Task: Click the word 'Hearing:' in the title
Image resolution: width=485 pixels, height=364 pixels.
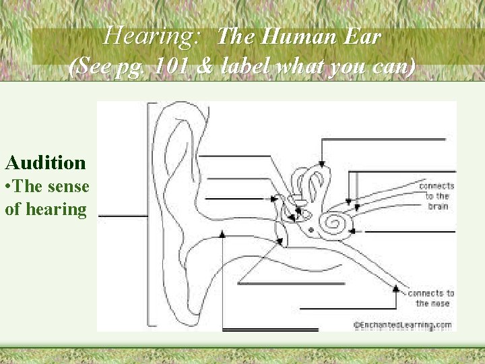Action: click(x=151, y=35)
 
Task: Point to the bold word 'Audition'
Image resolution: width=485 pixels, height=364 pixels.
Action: click(x=46, y=162)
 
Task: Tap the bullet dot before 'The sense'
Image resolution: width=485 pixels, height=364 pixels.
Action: click(x=8, y=187)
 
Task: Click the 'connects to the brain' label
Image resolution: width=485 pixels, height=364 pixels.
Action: click(x=437, y=195)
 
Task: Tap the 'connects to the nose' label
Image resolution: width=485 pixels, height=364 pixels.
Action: click(x=431, y=298)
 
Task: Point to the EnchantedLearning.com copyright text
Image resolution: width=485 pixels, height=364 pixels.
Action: click(x=403, y=325)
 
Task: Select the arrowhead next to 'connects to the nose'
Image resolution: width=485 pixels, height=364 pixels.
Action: click(x=396, y=289)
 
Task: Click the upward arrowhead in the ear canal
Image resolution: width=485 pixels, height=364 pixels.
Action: click(x=222, y=234)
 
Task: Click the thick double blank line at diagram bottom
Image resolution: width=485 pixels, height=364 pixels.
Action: click(x=270, y=330)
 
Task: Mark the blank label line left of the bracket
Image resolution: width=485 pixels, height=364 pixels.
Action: click(x=122, y=216)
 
